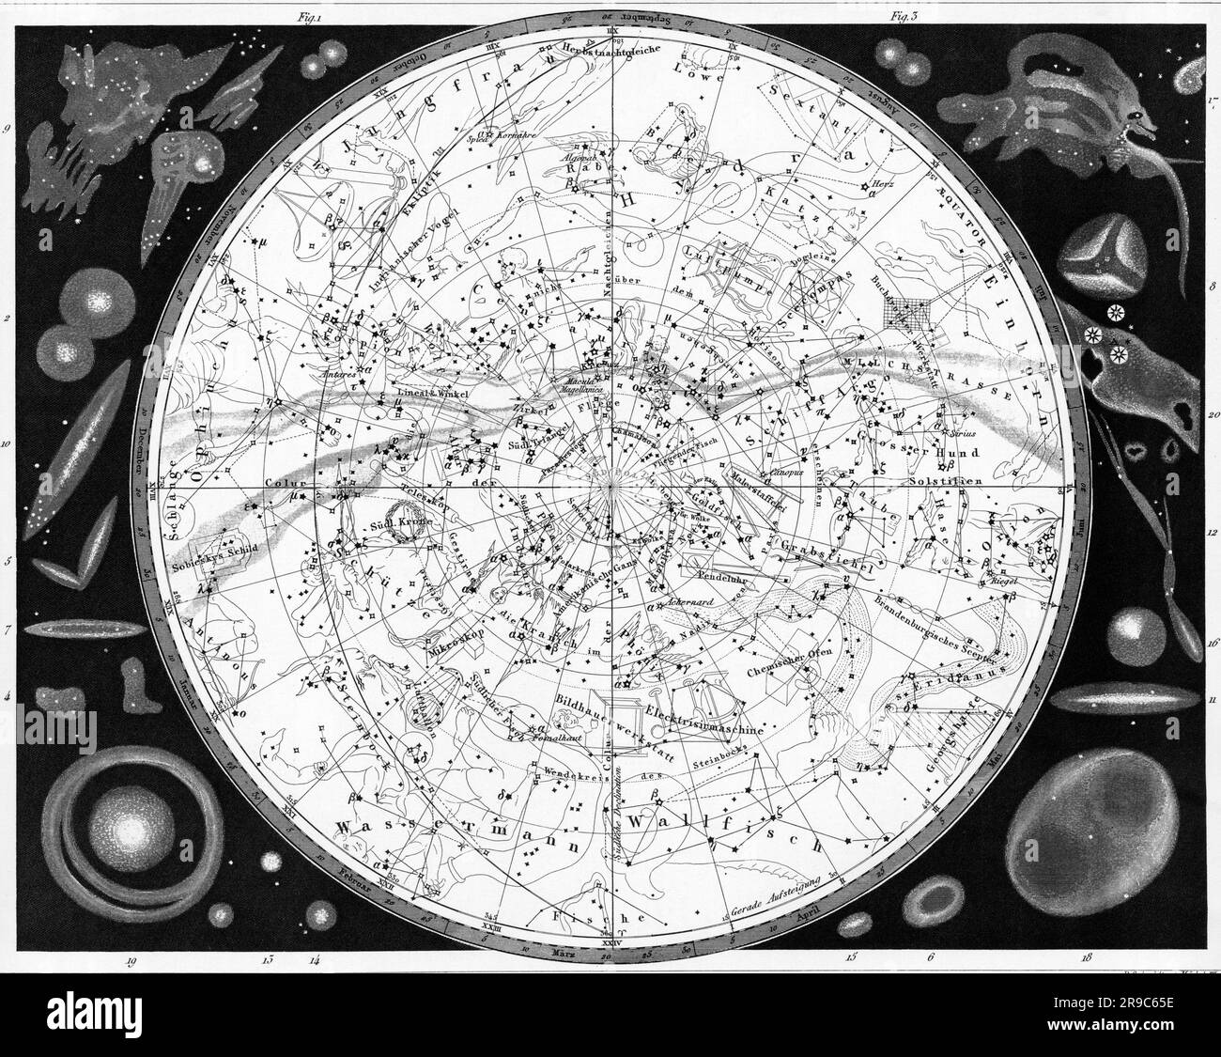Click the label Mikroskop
454,646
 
